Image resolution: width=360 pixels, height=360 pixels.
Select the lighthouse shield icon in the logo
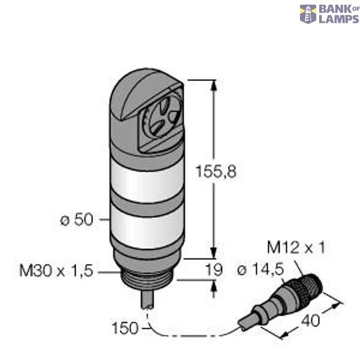click(308, 14)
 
